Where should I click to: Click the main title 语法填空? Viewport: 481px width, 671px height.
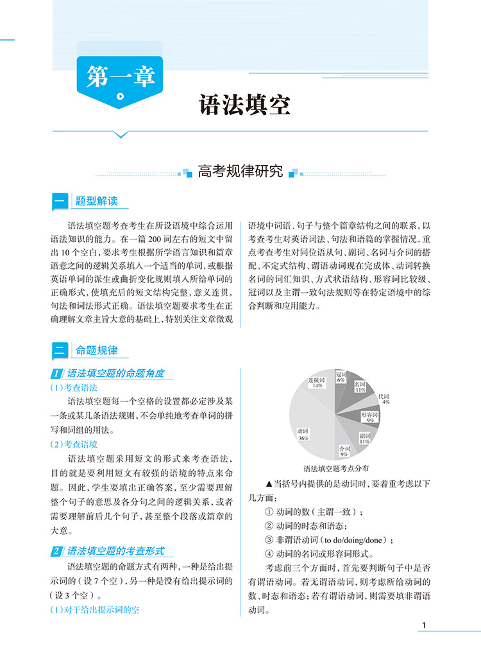pyautogui.click(x=245, y=105)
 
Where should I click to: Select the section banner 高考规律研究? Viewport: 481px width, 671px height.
pyautogui.click(x=240, y=171)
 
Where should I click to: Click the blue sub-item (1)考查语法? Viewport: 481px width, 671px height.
pyautogui.click(x=74, y=388)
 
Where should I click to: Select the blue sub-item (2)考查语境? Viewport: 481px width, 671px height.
pyautogui.click(x=74, y=444)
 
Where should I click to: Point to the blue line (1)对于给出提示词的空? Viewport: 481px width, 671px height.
pyautogui.click(x=94, y=610)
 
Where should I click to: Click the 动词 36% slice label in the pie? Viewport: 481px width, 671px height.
pyautogui.click(x=304, y=434)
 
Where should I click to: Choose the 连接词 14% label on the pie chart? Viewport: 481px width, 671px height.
pyautogui.click(x=314, y=382)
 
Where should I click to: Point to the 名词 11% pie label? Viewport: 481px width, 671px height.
pyautogui.click(x=360, y=387)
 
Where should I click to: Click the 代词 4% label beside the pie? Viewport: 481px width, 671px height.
pyautogui.click(x=384, y=399)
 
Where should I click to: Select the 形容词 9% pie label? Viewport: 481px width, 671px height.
pyautogui.click(x=370, y=417)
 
